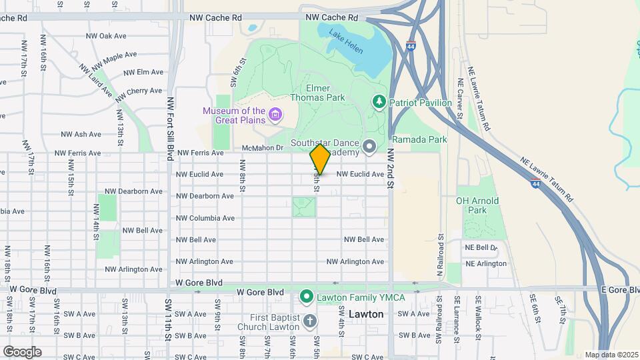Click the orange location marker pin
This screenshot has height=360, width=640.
pos(320,159)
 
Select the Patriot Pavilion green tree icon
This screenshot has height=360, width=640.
pos(379,101)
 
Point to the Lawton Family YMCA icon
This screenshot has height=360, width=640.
pos(307,295)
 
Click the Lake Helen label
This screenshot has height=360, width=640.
pos(347,41)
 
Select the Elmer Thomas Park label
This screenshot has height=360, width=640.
pos(317,93)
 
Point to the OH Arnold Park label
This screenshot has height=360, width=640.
pos(477,205)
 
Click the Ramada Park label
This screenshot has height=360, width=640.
pos(419,139)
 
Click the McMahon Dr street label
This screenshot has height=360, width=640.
pos(263,148)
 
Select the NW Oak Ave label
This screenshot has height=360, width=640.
pos(106,36)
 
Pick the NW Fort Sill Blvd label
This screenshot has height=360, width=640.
pos(170,126)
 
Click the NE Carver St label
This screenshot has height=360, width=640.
pos(460,98)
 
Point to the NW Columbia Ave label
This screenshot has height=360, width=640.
pos(205,218)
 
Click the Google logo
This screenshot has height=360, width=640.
pos(21,351)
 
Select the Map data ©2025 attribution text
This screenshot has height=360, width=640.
pos(610,355)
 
